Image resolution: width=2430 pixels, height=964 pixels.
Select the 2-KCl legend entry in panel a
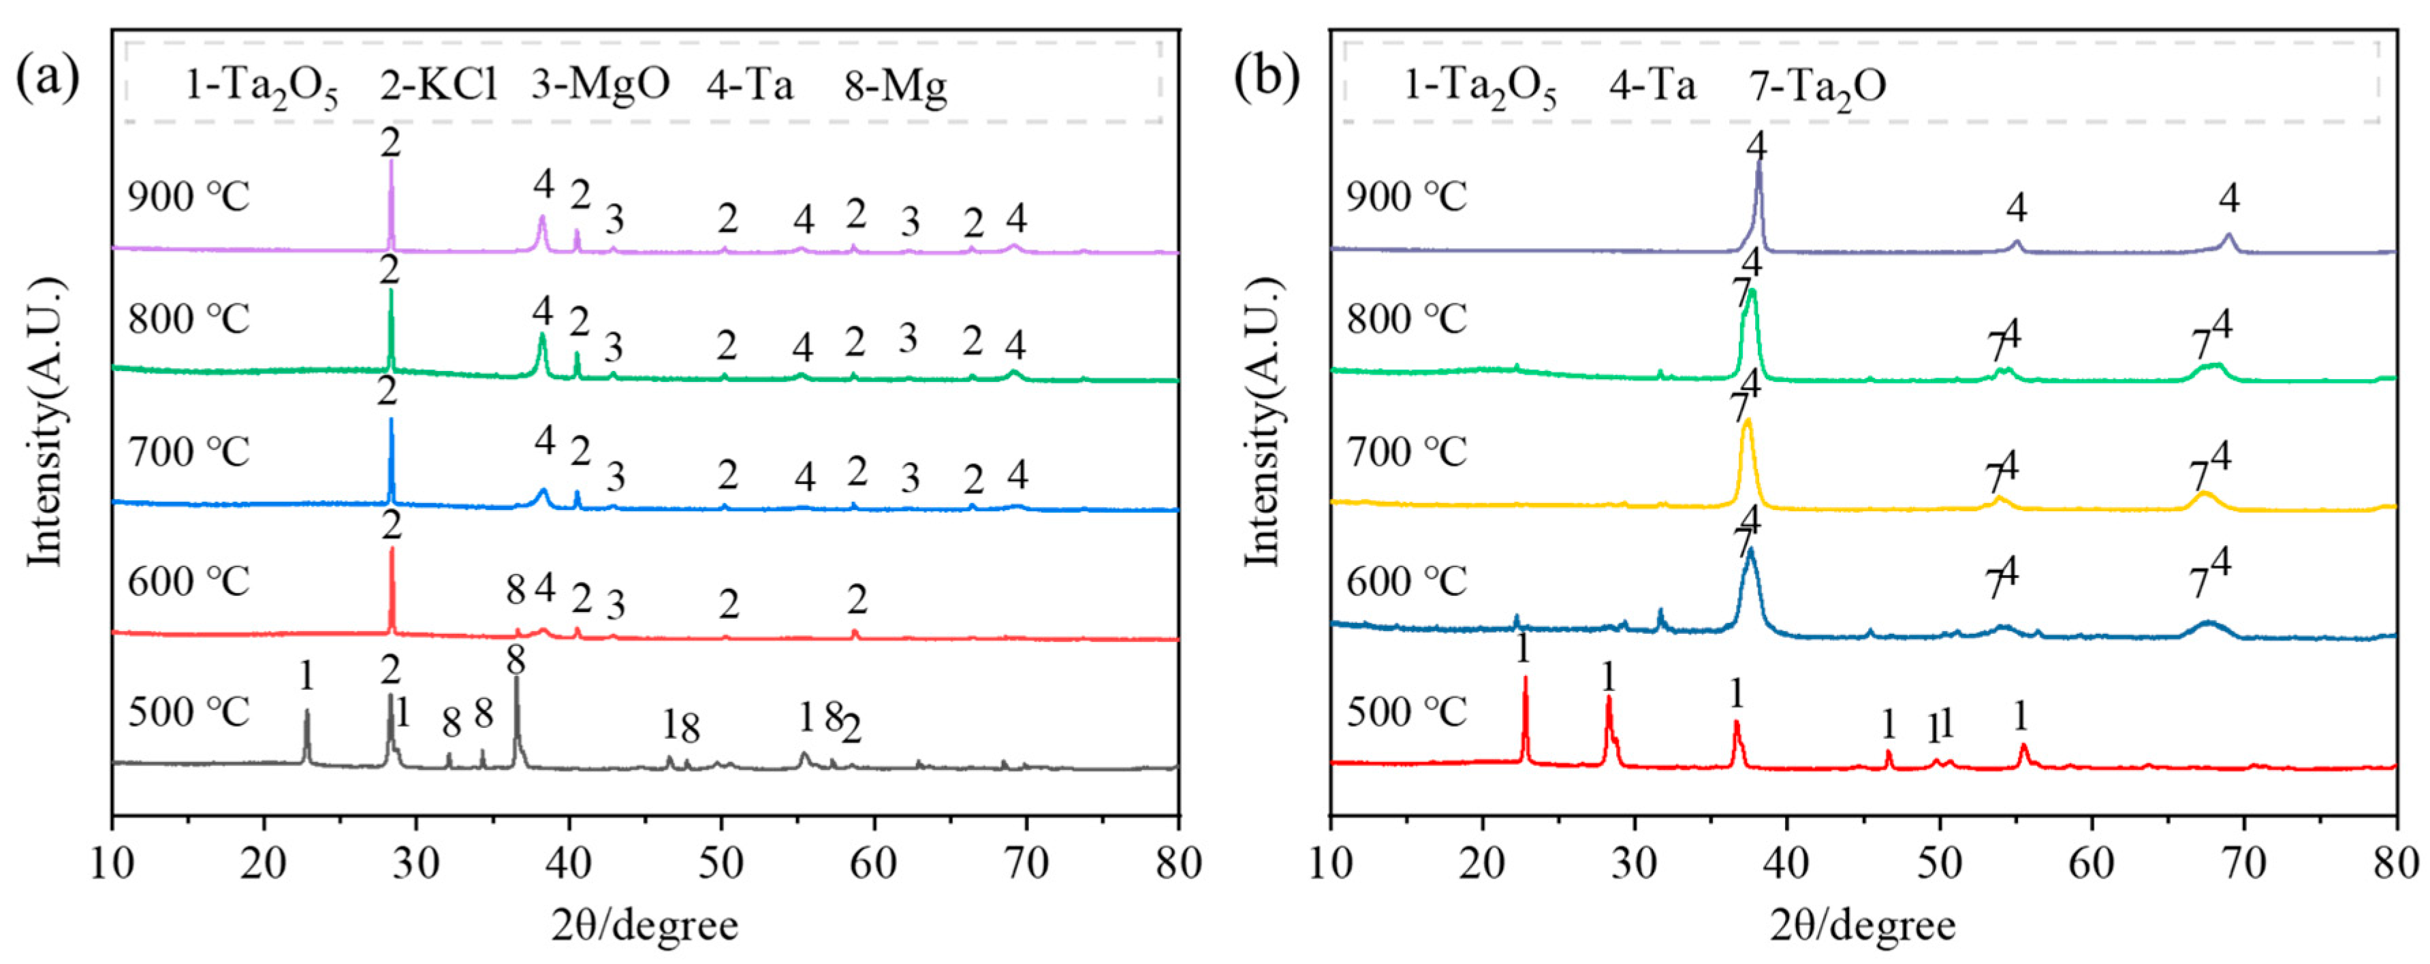(439, 86)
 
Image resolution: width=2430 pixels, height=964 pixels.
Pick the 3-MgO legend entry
(600, 86)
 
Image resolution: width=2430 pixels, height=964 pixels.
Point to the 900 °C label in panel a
(189, 198)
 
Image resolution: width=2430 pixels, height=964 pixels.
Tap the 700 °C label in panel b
(1406, 453)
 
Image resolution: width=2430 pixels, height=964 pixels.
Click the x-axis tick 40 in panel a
(569, 863)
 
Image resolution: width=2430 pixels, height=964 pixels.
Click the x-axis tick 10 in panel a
(113, 863)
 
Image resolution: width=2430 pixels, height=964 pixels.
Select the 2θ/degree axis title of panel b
(1863, 925)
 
